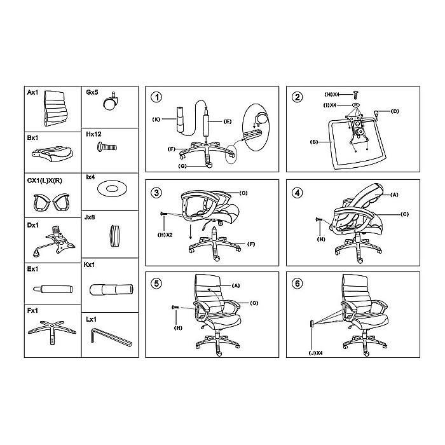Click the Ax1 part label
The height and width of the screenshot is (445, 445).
point(32,92)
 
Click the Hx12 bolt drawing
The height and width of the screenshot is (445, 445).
point(106,148)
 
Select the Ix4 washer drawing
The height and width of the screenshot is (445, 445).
point(113,188)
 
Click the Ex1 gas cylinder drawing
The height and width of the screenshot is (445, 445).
point(55,289)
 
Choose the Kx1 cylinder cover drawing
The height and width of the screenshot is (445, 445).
point(111,289)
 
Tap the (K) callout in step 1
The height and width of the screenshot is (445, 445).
point(156,119)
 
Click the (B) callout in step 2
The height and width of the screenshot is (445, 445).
point(313,142)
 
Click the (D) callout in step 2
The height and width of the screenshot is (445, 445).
point(394,112)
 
